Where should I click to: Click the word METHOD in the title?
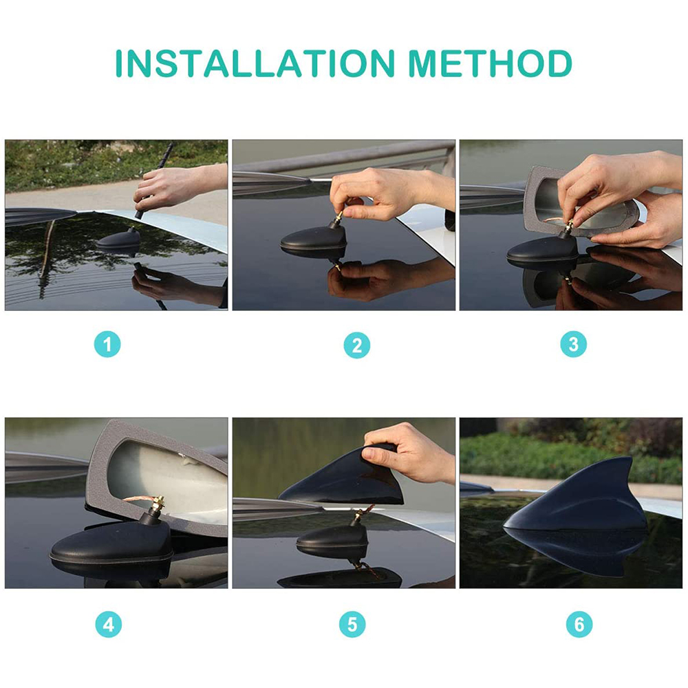[490, 63]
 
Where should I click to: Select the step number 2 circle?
[356, 345]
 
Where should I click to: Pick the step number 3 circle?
[574, 343]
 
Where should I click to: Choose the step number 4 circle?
[109, 625]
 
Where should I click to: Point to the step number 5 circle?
[352, 625]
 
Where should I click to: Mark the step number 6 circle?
[579, 623]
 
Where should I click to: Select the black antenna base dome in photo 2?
[313, 239]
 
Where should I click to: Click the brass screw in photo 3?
[569, 227]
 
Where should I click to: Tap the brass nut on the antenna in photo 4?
[157, 501]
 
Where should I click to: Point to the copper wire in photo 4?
[138, 499]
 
